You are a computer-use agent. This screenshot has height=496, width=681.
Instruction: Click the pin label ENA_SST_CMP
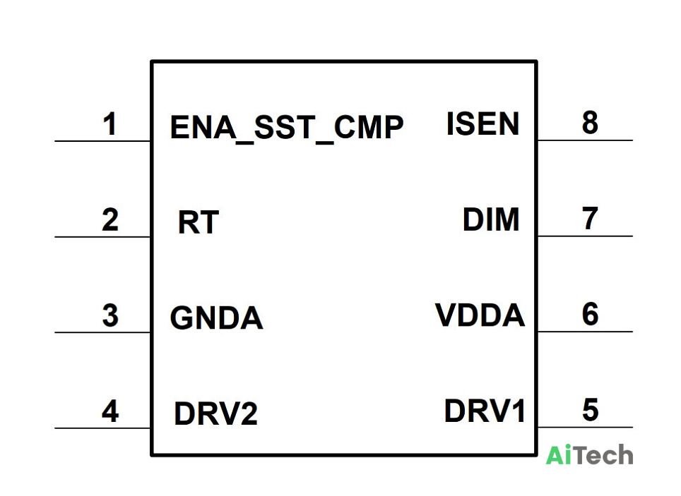pos(287,128)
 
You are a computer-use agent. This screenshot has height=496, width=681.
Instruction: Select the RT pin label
pos(198,222)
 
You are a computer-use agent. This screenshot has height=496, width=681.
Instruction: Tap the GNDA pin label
pos(216,317)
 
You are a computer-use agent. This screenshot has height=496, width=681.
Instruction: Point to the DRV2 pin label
pos(215,413)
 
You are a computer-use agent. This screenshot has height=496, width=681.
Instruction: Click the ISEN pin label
pos(482,123)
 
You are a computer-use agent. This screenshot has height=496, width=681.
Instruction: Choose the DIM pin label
pos(491,219)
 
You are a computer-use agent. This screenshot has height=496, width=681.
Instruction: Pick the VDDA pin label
pos(480,315)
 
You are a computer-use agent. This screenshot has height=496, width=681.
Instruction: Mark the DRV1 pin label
pos(484,410)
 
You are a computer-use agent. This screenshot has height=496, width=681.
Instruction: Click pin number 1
pos(110,124)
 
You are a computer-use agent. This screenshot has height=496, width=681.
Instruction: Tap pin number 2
pos(110,219)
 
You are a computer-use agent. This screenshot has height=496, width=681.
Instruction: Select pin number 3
pos(110,315)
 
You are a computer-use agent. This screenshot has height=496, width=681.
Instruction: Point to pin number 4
pos(110,411)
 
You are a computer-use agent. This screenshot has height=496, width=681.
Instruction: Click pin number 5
pos(591,410)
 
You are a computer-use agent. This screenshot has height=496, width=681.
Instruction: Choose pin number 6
pos(591,314)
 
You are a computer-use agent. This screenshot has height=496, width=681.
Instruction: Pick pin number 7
pos(590,218)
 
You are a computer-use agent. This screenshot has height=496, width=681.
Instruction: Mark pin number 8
pos(590,122)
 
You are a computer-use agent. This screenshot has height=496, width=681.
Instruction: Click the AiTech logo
pos(589,455)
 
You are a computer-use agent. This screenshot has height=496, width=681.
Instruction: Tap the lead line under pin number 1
pos(102,141)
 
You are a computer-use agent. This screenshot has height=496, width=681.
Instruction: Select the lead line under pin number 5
pos(585,428)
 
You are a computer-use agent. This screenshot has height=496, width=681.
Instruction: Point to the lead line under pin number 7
pos(585,236)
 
